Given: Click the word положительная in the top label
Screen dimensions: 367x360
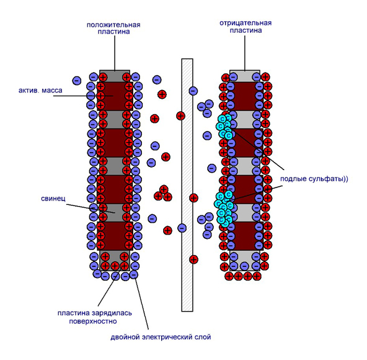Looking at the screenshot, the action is tap(113, 25).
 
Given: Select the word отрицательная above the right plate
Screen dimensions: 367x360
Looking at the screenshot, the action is tap(245, 23).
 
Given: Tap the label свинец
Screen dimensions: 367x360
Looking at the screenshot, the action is tap(53, 199).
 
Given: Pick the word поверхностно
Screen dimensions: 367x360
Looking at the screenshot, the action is tap(93, 321).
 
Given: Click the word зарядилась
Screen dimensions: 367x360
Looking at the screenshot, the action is tap(112, 313).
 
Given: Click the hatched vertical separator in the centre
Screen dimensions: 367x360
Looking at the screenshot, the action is tap(187, 185).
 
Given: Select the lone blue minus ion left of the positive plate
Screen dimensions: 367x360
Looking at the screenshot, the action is tap(76, 81).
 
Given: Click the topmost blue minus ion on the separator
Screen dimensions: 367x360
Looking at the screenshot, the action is tap(193, 91).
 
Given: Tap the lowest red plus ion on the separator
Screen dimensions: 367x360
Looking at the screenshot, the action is tap(193, 259).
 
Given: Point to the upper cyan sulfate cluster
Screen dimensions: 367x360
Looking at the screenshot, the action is tap(224, 126).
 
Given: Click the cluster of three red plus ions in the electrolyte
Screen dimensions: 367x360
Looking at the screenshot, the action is tap(163, 194).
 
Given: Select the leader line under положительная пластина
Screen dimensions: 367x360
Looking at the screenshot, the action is tap(115, 53).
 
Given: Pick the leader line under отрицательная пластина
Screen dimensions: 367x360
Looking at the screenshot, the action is tap(245, 53).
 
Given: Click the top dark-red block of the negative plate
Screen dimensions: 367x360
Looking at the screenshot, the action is tap(245, 96).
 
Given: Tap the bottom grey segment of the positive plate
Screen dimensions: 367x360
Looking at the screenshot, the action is tap(115, 261).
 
